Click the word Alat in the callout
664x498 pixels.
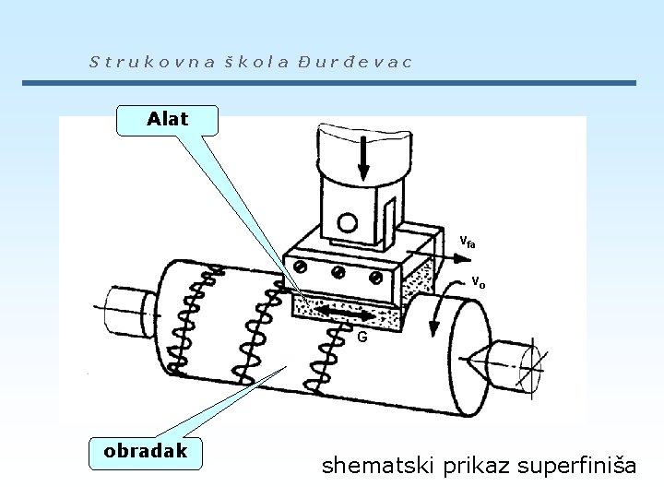(168, 119)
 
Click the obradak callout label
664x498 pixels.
(146, 450)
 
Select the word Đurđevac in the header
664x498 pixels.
(354, 63)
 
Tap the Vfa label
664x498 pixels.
(468, 243)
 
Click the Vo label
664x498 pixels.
(478, 282)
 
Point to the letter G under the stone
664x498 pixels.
(362, 338)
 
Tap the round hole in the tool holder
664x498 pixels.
(347, 222)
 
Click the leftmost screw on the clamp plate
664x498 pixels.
(302, 267)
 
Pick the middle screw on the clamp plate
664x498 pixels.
(338, 273)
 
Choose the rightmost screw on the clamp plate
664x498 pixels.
(374, 278)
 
